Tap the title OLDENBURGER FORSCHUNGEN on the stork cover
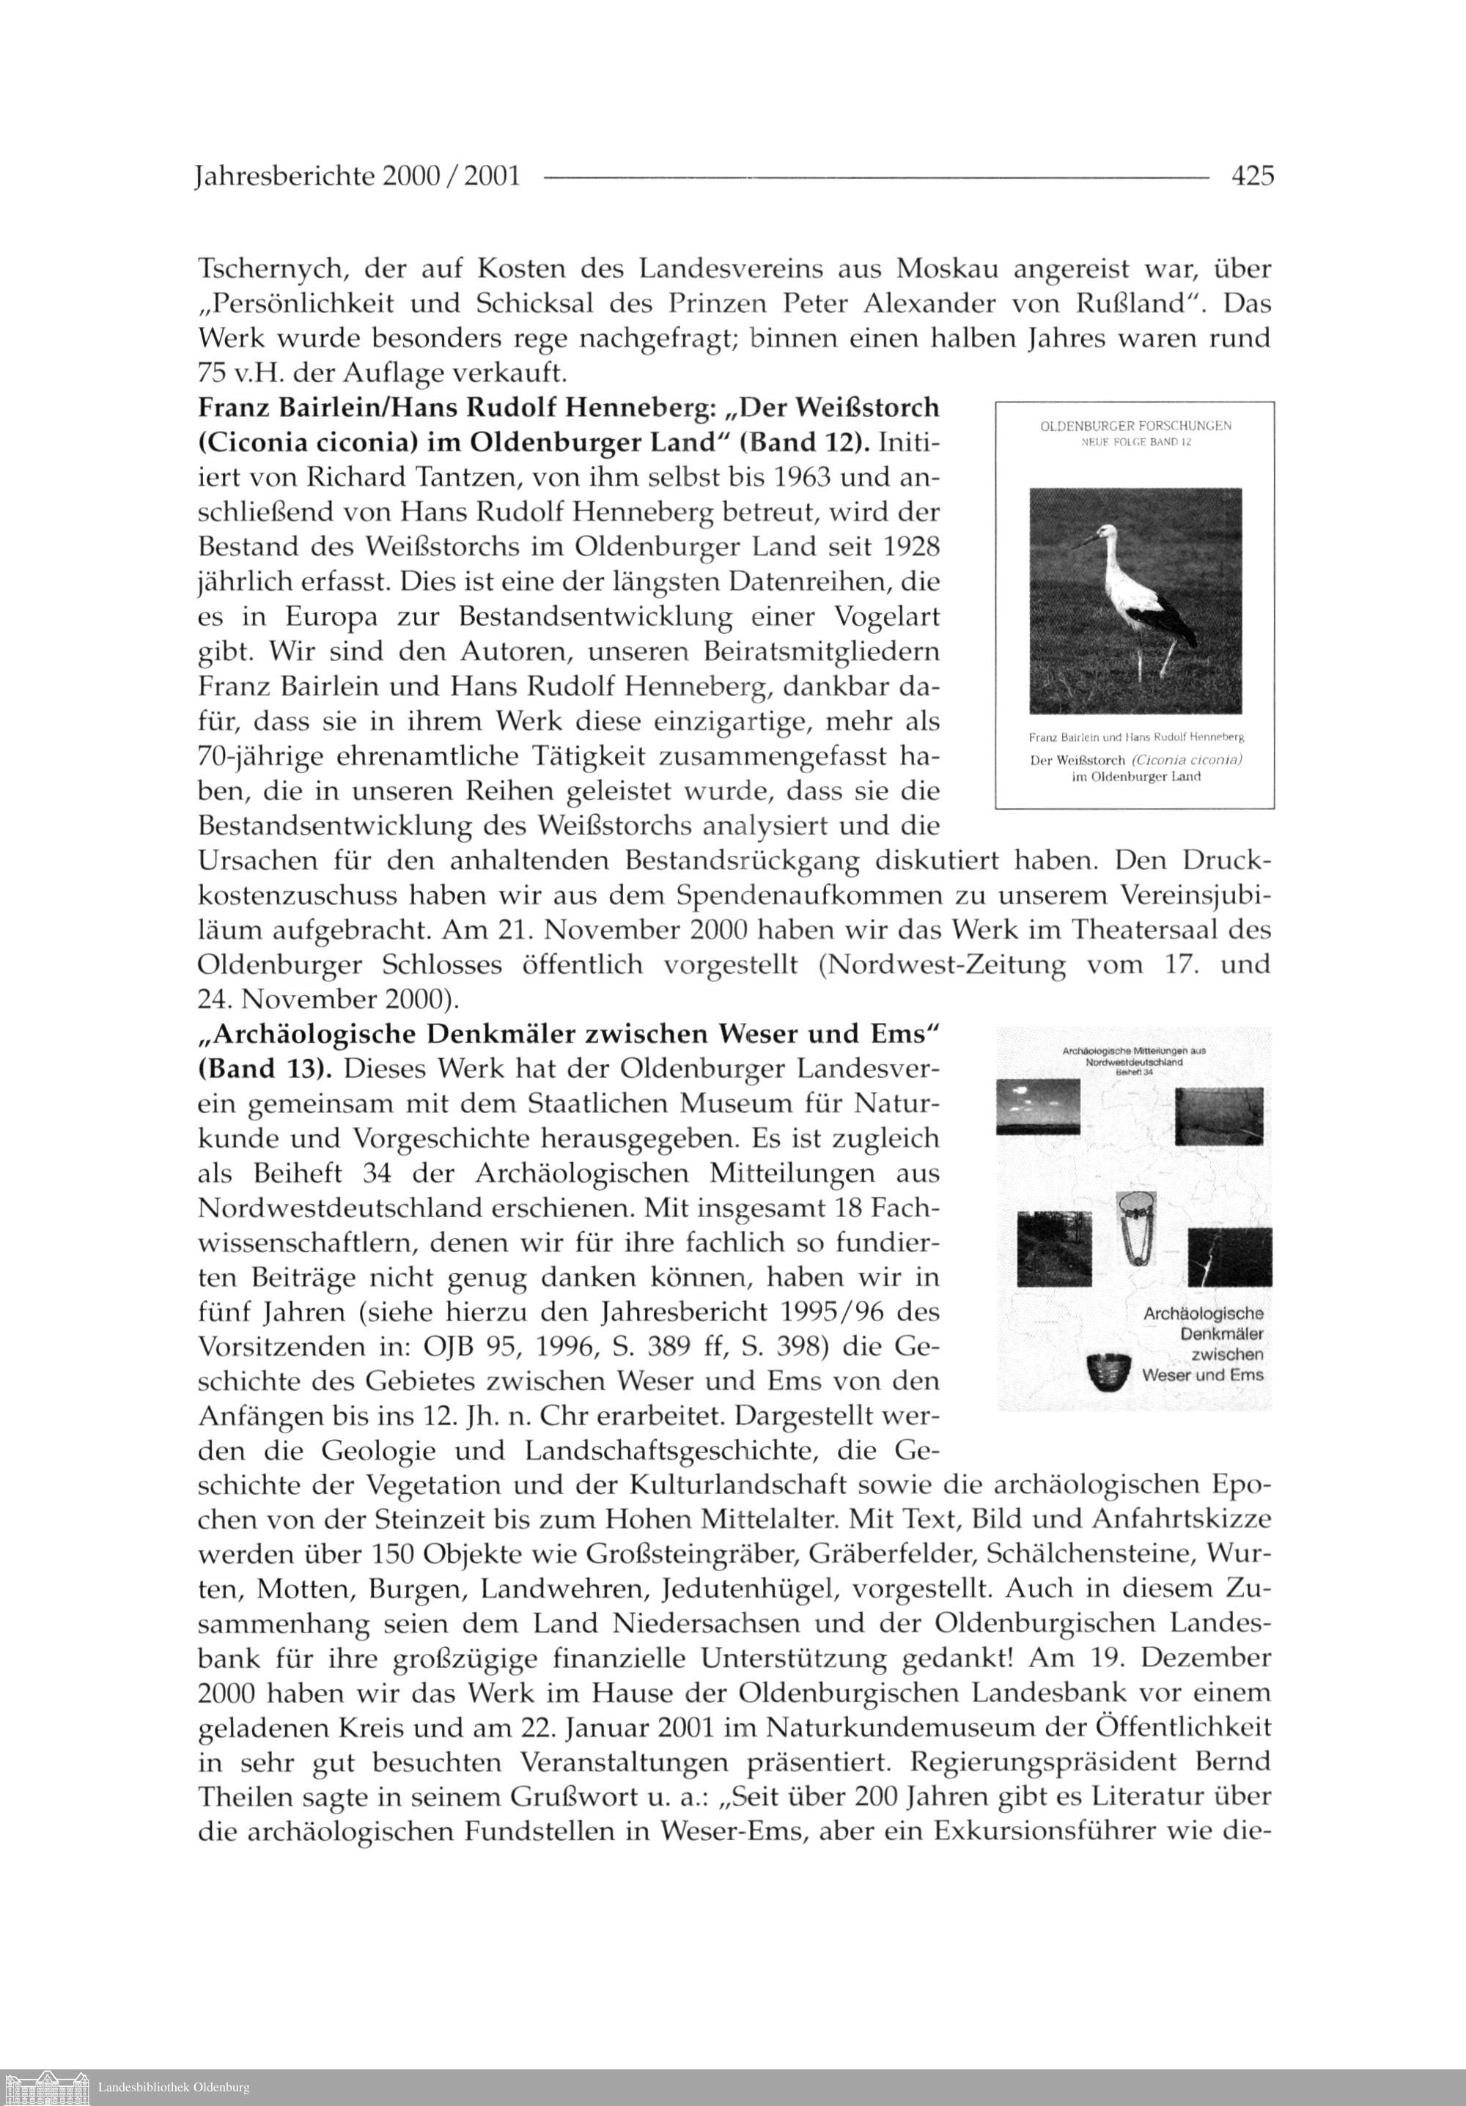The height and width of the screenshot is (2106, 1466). pyautogui.click(x=1135, y=426)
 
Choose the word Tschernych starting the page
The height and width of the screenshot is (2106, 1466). pyautogui.click(x=273, y=270)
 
